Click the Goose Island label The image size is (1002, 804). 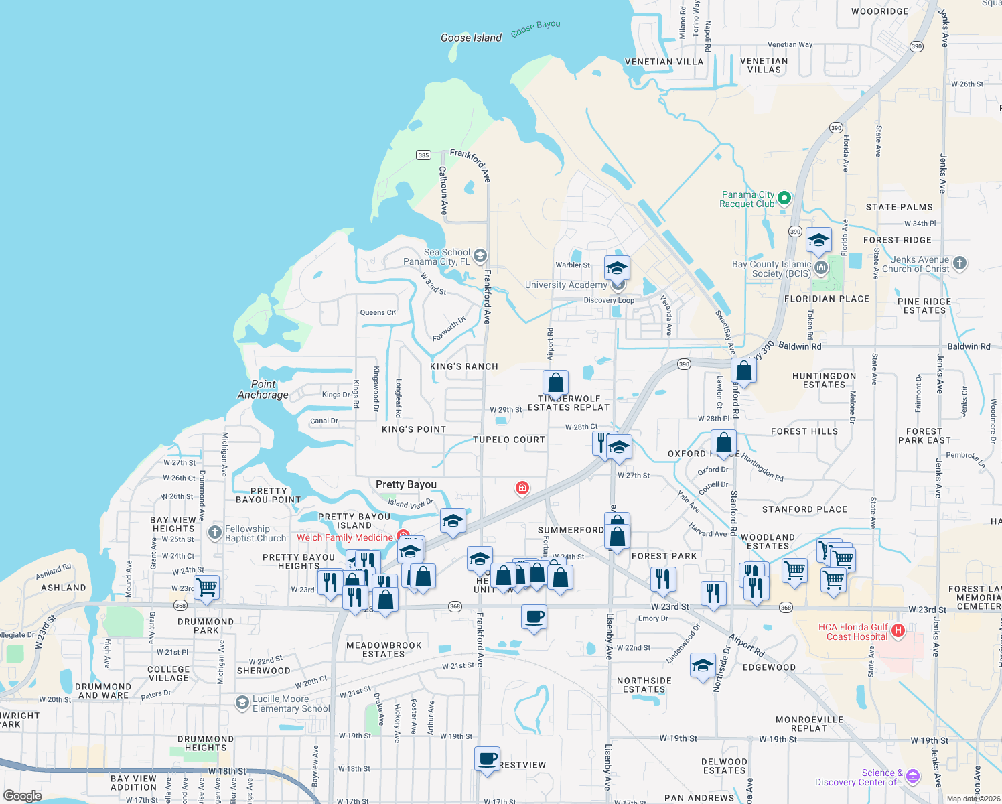[x=471, y=38]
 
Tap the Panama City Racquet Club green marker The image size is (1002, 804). [x=784, y=198]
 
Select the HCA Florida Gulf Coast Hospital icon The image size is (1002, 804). [x=898, y=631]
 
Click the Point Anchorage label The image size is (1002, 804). [x=263, y=389]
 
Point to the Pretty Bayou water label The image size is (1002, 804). [x=406, y=484]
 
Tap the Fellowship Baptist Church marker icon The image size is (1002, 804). [x=215, y=533]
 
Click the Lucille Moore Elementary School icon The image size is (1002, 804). [x=242, y=702]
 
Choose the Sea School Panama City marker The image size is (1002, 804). [x=480, y=256]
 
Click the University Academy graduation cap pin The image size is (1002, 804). [x=617, y=269]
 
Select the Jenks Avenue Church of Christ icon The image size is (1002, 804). [x=960, y=263]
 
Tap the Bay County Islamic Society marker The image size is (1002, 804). [x=821, y=268]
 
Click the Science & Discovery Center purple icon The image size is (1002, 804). [x=913, y=777]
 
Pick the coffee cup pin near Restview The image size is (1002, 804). [x=488, y=759]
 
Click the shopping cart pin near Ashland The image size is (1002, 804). [x=207, y=587]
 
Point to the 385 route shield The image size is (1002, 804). [x=423, y=155]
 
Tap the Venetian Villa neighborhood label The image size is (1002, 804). [x=664, y=62]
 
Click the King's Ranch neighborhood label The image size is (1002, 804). [x=464, y=366]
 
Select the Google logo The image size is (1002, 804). [x=23, y=796]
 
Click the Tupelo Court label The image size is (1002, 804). [x=509, y=440]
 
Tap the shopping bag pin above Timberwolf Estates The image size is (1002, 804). [x=555, y=383]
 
